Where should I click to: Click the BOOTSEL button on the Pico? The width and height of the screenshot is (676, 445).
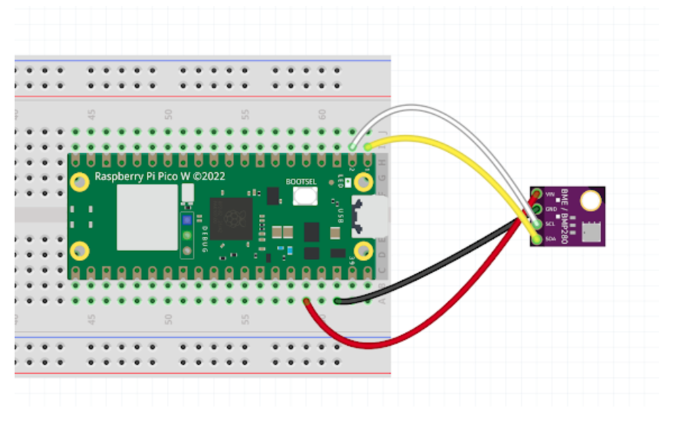306,196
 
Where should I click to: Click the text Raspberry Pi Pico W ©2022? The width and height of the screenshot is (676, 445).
160,177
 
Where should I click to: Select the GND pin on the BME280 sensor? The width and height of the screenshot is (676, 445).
537,210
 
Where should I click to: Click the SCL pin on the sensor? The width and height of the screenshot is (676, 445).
537,224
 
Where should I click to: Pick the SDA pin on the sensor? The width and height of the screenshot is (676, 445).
537,238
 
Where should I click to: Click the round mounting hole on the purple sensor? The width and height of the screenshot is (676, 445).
591,200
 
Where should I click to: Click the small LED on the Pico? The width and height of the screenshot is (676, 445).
339,182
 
